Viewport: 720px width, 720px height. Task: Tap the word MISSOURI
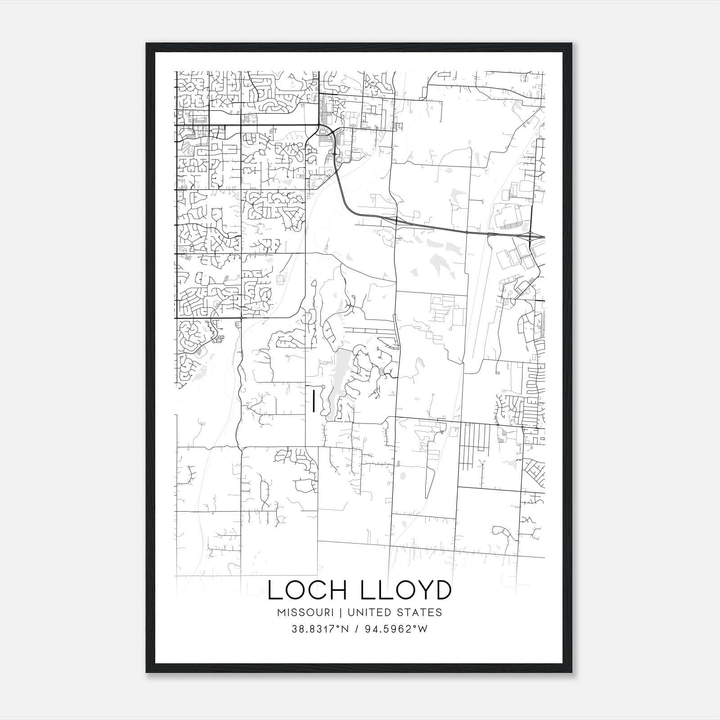click(x=305, y=612)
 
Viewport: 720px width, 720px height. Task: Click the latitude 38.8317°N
click(x=320, y=629)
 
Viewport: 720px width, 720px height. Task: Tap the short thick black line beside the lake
click(x=313, y=401)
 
